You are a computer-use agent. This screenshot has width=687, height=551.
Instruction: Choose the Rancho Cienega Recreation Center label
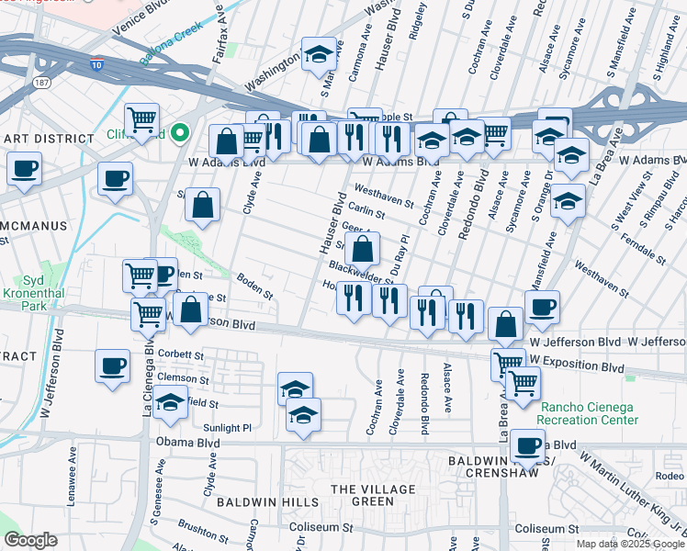point(589,413)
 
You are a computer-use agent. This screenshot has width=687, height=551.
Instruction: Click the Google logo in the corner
point(31,539)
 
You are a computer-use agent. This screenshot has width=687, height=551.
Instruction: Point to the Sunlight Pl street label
point(227,428)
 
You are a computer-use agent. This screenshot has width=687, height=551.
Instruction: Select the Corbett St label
point(179,354)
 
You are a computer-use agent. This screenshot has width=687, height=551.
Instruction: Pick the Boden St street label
point(255,288)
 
